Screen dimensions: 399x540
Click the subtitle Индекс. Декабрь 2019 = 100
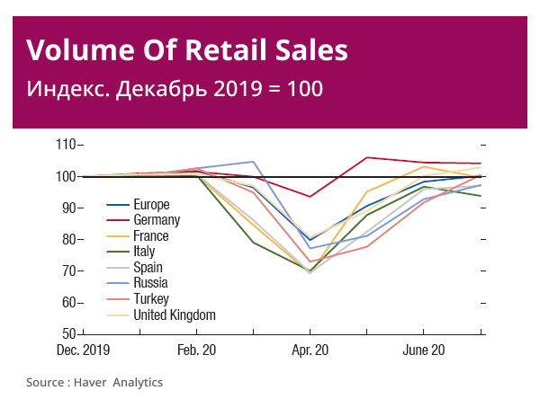click(175, 90)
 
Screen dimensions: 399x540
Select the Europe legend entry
click(151, 205)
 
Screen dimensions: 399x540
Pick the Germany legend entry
click(157, 220)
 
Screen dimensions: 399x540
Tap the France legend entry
click(150, 236)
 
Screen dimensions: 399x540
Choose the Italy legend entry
click(145, 252)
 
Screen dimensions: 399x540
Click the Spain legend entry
click(148, 268)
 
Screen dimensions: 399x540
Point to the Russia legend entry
click(150, 283)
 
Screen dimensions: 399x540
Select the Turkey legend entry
click(151, 299)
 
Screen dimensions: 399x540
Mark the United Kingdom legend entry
click(175, 315)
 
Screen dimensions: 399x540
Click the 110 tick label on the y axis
click(65, 145)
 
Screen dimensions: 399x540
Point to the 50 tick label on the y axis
click(67, 333)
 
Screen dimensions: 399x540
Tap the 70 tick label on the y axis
click(67, 270)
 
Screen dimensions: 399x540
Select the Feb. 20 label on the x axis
click(197, 350)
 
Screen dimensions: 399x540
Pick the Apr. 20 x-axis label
click(310, 350)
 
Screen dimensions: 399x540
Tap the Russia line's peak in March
click(254, 162)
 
